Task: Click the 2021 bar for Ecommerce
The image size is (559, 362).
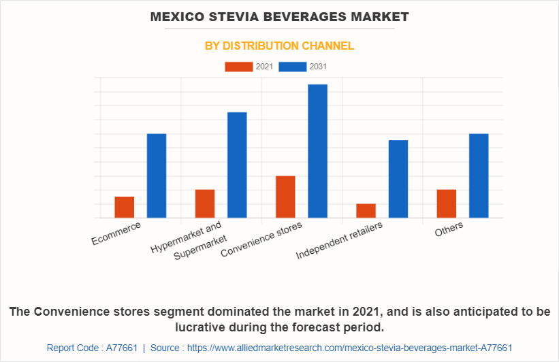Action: (124, 207)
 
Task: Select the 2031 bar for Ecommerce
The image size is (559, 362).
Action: (157, 176)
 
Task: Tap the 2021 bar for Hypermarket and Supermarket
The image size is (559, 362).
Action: (205, 203)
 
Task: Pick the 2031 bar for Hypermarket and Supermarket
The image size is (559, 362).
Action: (237, 165)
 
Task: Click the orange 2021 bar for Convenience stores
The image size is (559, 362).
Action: (285, 197)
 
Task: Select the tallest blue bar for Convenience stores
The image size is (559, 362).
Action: (317, 151)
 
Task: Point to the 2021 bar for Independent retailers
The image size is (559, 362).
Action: (366, 211)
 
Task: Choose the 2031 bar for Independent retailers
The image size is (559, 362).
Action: (398, 179)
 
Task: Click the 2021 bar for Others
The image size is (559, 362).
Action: (446, 203)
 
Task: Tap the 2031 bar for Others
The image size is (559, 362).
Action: (479, 176)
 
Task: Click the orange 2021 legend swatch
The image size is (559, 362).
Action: (238, 66)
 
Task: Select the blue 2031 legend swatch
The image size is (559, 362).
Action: (292, 66)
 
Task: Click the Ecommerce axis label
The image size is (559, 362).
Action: (116, 232)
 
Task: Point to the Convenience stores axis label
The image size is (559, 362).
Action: (262, 239)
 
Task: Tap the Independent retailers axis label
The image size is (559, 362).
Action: (340, 240)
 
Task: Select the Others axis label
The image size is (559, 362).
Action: (449, 229)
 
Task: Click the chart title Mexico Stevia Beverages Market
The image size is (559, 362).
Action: (280, 16)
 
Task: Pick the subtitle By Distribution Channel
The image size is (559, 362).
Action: (279, 46)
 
